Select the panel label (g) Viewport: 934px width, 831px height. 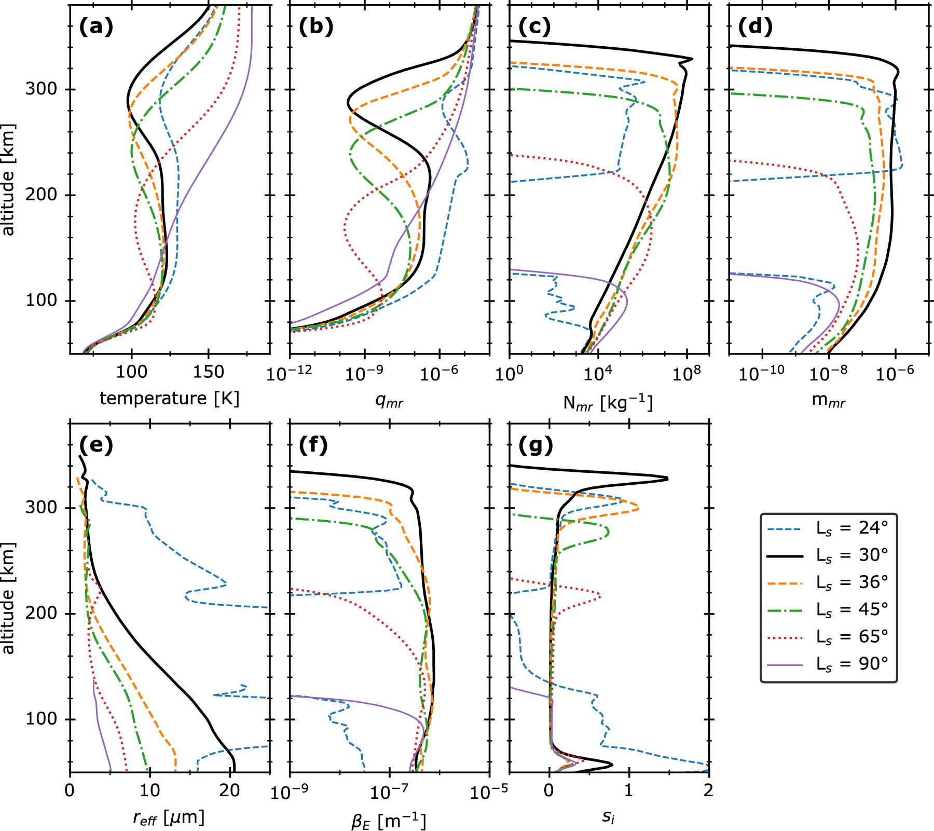[x=535, y=445]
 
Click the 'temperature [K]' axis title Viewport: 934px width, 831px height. [x=170, y=399]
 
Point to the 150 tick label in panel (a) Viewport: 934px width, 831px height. [x=209, y=372]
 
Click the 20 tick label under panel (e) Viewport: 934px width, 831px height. [x=229, y=791]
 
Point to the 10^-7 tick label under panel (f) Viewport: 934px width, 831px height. [x=389, y=792]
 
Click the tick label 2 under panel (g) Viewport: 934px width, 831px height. [x=708, y=791]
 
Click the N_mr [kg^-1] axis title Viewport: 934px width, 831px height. [x=608, y=403]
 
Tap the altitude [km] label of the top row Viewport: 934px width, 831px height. [x=8, y=180]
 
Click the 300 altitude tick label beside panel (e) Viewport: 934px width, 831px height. [x=41, y=507]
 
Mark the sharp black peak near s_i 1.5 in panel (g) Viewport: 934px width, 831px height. [x=667, y=479]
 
